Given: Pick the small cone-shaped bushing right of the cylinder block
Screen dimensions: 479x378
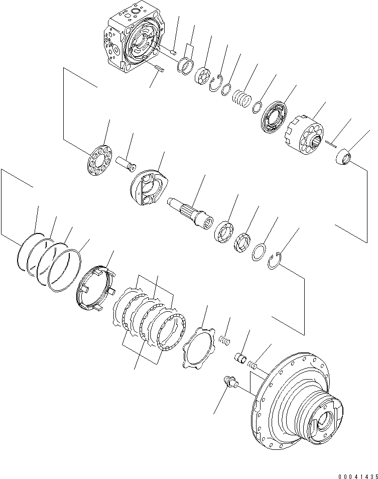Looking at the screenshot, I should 343,156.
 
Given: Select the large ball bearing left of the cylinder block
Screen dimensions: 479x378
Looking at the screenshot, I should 274,117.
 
